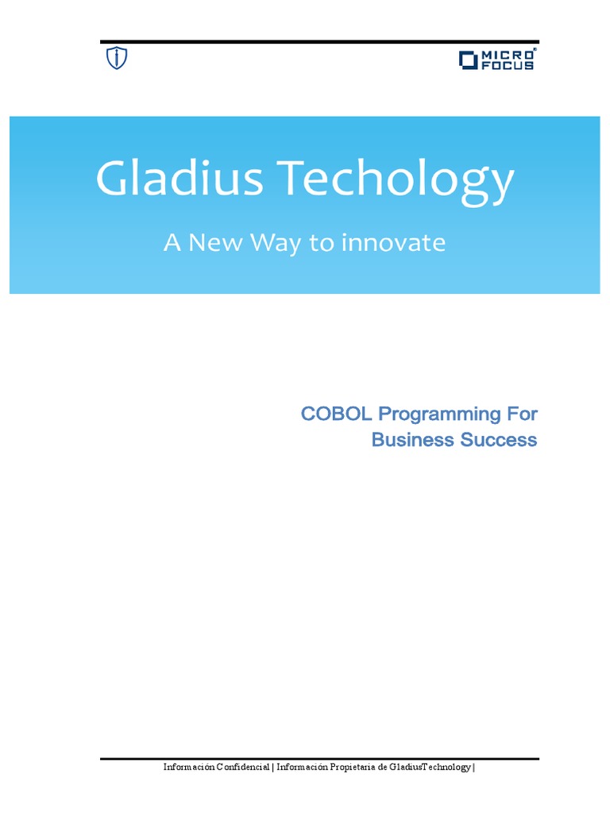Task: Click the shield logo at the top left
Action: (117, 58)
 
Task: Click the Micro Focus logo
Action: (497, 60)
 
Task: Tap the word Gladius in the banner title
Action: (179, 179)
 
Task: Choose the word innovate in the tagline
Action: (393, 243)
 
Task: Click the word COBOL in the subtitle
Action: (338, 414)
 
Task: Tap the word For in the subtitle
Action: (520, 414)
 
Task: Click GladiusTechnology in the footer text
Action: (430, 767)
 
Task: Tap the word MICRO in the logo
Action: (508, 54)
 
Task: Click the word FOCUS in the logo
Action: (508, 64)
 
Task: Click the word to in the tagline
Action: (322, 243)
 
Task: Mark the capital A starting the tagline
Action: (171, 243)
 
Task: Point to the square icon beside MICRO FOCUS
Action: (468, 60)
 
